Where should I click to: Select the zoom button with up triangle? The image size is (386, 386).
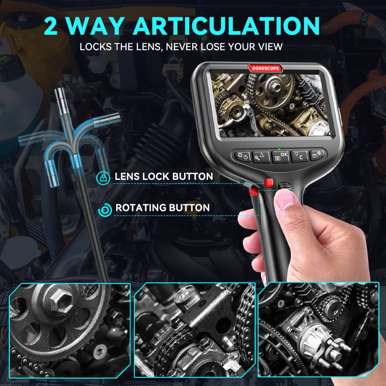coord(261,156)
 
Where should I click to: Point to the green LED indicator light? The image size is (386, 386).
coord(279,148)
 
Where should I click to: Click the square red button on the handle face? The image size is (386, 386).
coord(269,182)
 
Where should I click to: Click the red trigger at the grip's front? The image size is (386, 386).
coord(254,191)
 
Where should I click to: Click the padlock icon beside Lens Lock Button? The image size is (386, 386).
coord(103,177)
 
